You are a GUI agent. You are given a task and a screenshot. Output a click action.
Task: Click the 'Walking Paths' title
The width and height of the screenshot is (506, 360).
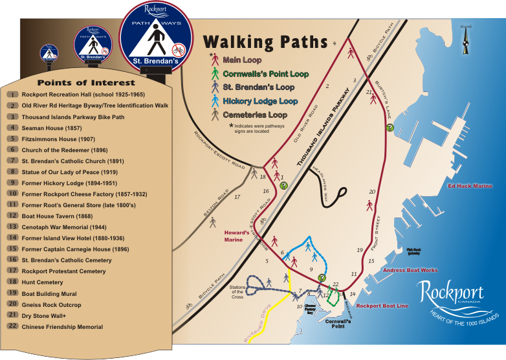click(x=265, y=42)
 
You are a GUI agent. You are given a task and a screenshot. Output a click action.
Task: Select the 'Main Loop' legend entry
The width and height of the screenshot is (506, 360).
click(x=241, y=60)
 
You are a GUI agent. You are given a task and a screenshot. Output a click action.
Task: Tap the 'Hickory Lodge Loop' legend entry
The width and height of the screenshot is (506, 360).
click(x=260, y=101)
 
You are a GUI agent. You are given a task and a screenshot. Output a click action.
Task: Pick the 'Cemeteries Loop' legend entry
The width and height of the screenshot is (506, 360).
click(x=256, y=115)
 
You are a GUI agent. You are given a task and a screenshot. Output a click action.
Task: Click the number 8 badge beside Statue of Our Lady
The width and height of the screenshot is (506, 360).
click(x=12, y=172)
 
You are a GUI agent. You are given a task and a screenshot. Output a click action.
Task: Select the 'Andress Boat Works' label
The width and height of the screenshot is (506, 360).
click(x=410, y=269)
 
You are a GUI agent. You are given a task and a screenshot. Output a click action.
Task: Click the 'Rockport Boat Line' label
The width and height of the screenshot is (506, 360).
click(x=382, y=306)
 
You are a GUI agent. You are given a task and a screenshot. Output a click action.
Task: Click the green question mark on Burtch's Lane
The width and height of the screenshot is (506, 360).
click(x=390, y=128)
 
